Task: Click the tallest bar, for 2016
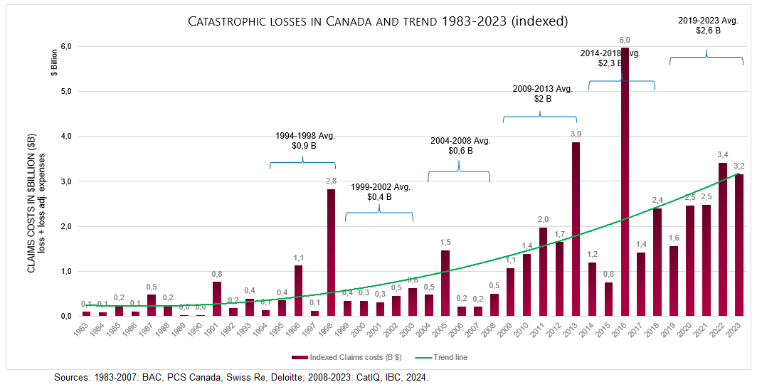[x=625, y=185]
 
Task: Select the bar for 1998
[x=331, y=253]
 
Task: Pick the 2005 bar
[x=445, y=283]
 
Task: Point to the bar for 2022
[x=723, y=240]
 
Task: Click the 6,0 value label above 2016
[x=625, y=40]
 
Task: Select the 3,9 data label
[x=576, y=134]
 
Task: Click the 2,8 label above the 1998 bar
[x=331, y=181]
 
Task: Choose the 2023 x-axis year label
[x=740, y=331]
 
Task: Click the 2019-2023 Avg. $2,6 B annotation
[x=707, y=25]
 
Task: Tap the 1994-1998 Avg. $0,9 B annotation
[x=305, y=140]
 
